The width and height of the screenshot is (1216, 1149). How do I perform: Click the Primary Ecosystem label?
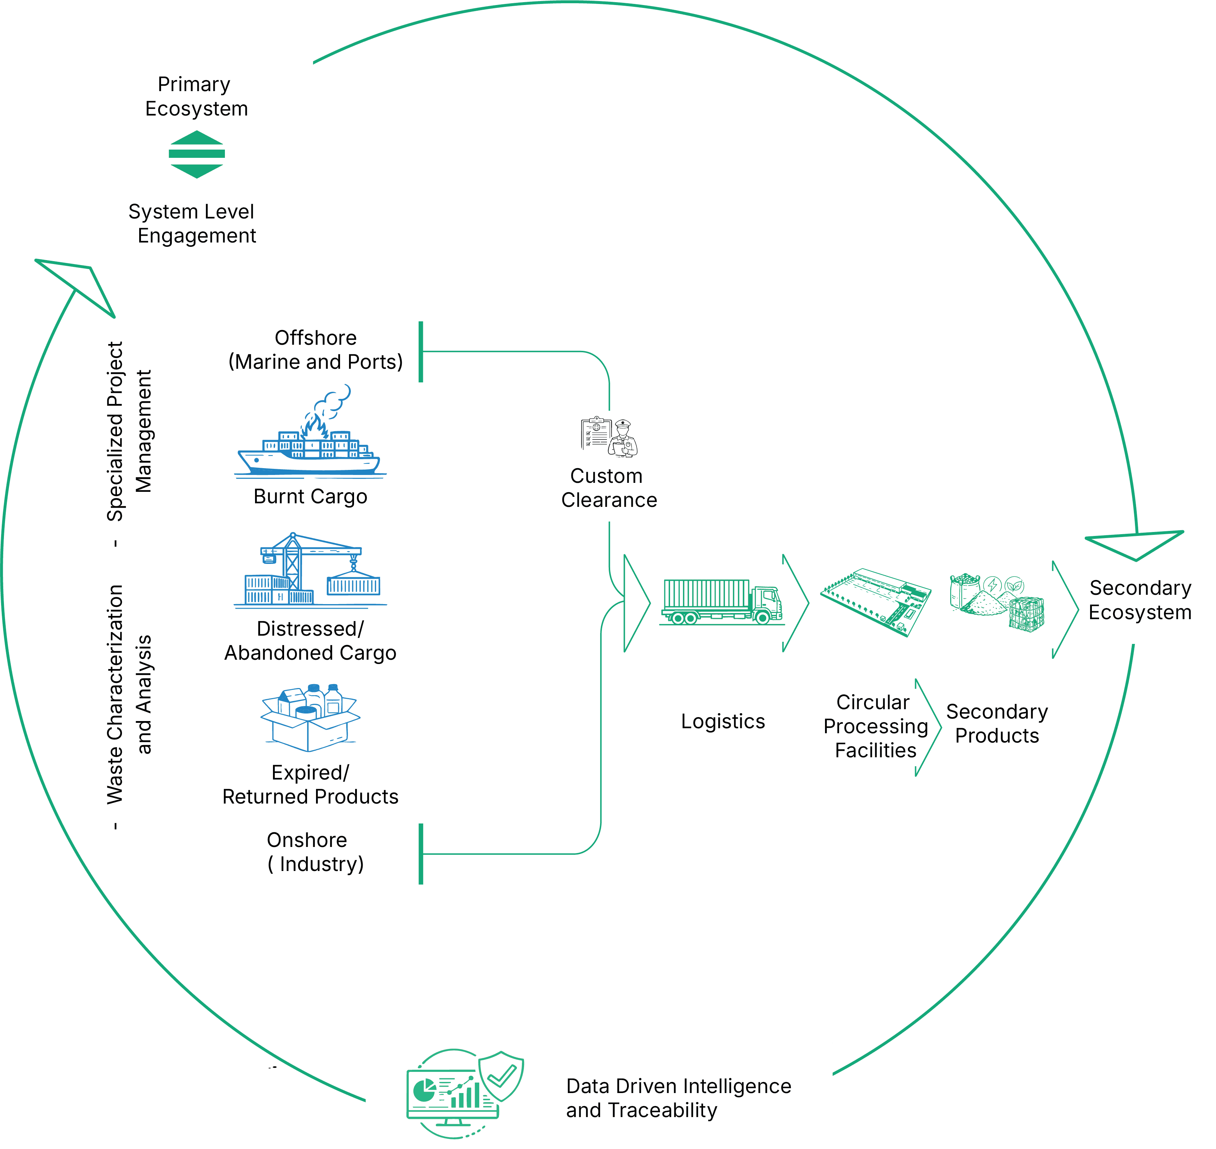[x=196, y=96]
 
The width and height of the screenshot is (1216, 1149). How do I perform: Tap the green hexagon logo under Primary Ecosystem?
[x=197, y=154]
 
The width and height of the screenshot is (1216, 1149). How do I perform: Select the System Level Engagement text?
[x=193, y=223]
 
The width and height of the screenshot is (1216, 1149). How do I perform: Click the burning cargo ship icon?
[x=310, y=434]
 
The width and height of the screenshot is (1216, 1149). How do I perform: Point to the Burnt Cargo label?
[x=310, y=496]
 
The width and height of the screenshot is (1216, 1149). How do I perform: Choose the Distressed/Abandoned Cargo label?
[x=310, y=641]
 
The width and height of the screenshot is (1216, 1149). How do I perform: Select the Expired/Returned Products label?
[x=310, y=785]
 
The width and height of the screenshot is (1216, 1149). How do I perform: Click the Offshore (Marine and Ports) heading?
[x=315, y=350]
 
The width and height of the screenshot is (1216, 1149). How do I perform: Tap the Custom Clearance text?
[x=609, y=488]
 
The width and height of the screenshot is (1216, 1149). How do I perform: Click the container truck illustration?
[x=722, y=602]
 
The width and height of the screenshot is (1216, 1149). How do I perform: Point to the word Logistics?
[x=723, y=721]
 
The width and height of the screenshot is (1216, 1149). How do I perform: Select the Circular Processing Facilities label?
[x=875, y=726]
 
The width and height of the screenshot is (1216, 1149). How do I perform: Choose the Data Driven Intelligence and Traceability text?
[x=678, y=1098]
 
